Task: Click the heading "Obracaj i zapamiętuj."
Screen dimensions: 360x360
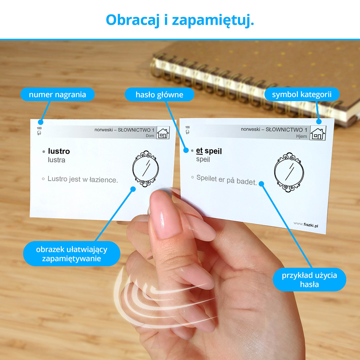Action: [x=180, y=20]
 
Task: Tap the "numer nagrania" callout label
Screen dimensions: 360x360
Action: [x=57, y=94]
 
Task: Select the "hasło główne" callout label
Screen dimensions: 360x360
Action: [x=159, y=94]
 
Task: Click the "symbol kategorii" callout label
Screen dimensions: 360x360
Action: [x=302, y=94]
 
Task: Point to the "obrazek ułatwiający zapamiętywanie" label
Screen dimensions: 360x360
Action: [x=72, y=254]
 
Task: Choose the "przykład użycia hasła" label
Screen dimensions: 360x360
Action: [x=309, y=279]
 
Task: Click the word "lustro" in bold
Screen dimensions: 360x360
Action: [x=59, y=151]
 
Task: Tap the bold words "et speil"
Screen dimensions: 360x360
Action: [x=209, y=151]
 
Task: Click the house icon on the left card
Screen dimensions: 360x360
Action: [x=163, y=133]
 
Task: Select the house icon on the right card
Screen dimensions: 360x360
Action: [x=318, y=133]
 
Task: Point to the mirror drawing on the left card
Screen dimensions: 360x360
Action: [x=146, y=169]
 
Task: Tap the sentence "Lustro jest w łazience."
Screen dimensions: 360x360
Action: [x=83, y=179]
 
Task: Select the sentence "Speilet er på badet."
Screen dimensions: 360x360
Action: [x=227, y=180]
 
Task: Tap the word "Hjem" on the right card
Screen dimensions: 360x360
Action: [x=301, y=136]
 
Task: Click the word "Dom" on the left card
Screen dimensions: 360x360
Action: [x=150, y=136]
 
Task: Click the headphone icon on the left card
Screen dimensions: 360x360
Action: [x=39, y=133]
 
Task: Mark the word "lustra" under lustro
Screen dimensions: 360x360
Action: [x=57, y=160]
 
